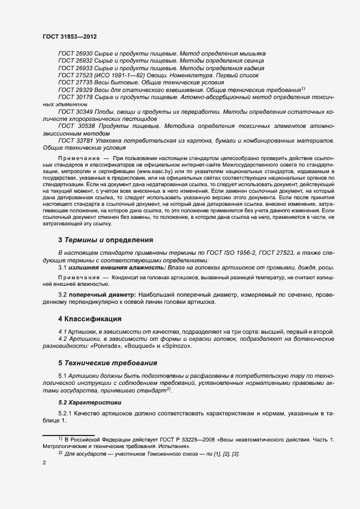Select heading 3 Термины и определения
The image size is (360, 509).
pyautogui.click(x=105, y=240)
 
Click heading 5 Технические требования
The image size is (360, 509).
pyautogui.click(x=108, y=363)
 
